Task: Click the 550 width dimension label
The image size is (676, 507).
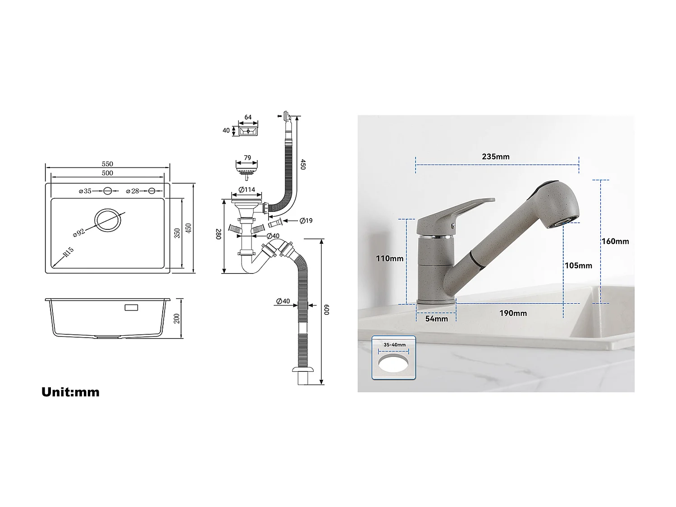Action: coord(107,164)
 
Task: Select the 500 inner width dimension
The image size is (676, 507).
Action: coord(107,173)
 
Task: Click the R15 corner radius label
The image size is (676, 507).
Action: coord(68,252)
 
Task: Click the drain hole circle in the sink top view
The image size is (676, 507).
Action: coord(108,221)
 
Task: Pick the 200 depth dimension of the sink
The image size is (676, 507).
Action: coord(177,318)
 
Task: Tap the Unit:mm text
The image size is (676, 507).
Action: coord(70,392)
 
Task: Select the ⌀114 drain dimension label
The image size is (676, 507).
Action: coord(247,189)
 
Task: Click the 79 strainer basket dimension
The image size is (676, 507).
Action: coord(247,158)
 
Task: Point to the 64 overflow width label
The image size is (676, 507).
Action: coord(248,118)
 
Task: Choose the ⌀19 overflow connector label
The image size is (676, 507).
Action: coord(306,221)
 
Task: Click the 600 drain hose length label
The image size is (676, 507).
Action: coord(327,310)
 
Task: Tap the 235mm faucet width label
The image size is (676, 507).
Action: coord(496,157)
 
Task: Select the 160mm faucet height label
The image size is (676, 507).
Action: coord(615,242)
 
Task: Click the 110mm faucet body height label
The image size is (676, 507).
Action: coord(390,259)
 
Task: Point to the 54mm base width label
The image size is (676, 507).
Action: coord(436,319)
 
